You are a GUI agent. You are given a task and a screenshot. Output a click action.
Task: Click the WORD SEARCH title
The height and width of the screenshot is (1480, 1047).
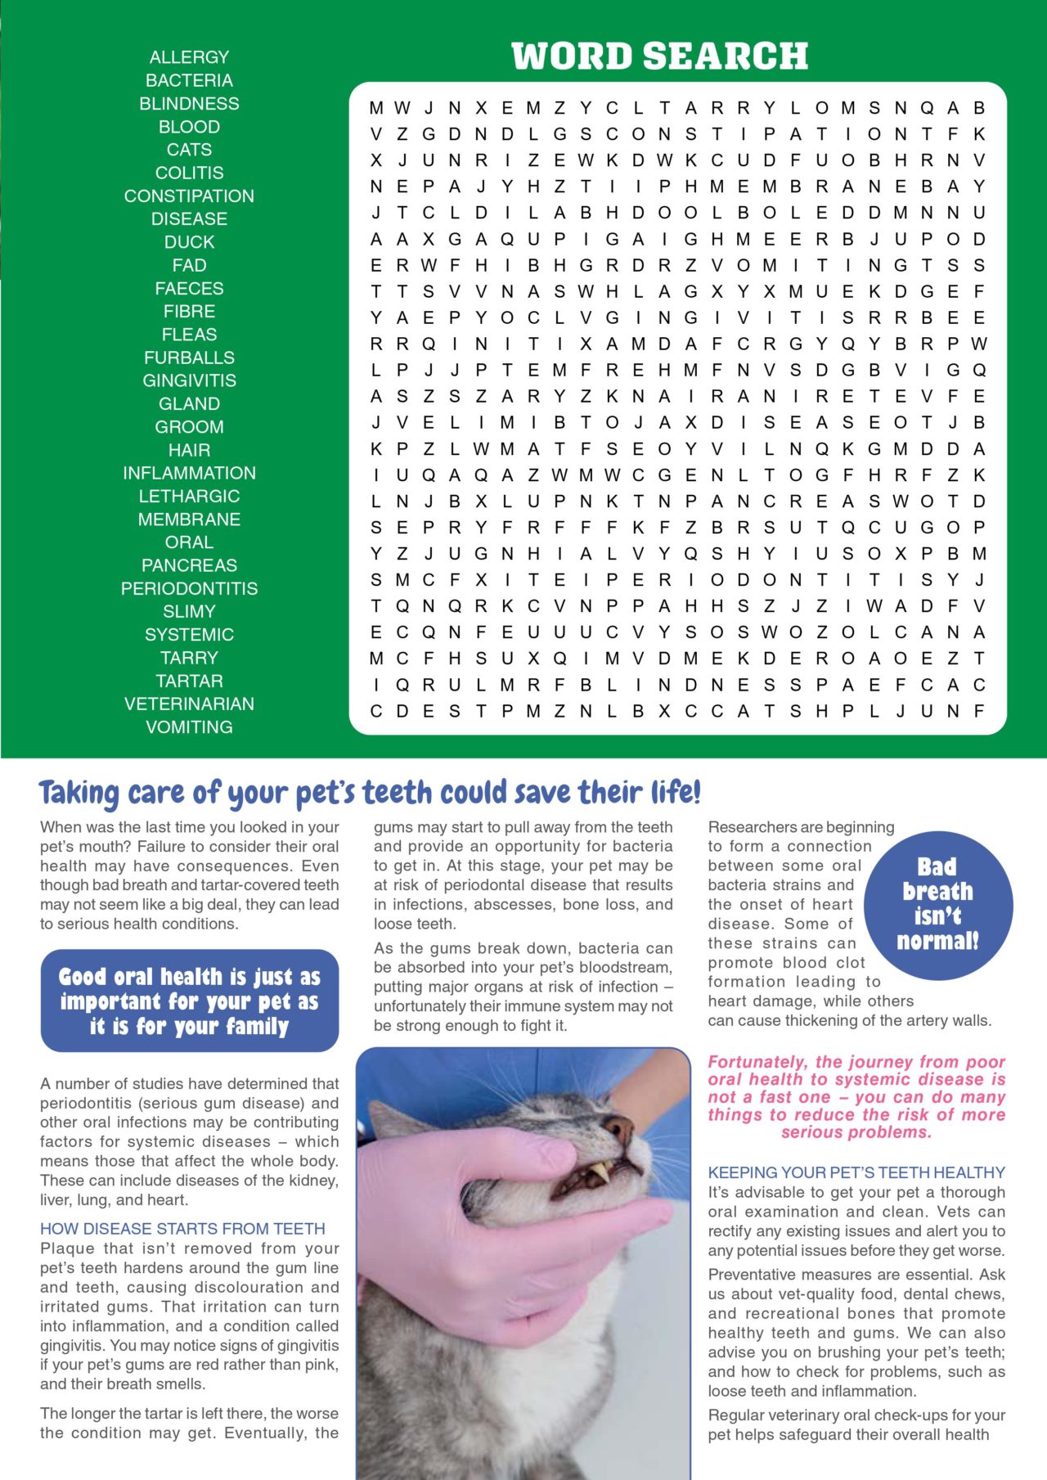pos(659,56)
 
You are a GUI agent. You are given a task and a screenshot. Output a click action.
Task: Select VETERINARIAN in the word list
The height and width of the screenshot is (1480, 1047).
pos(189,704)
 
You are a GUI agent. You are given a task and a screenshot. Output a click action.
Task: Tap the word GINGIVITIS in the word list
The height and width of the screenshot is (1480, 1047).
pos(189,380)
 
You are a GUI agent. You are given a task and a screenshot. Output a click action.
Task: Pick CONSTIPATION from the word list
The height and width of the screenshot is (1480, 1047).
pos(189,196)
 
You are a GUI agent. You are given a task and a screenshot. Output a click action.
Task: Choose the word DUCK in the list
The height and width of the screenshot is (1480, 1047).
pos(189,242)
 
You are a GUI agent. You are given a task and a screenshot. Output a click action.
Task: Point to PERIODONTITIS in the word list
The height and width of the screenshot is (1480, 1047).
pos(189,588)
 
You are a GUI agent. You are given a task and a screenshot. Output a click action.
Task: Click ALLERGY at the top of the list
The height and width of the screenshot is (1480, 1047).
pos(189,57)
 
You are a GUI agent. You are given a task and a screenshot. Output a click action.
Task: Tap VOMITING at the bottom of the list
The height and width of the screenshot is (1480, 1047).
pos(189,727)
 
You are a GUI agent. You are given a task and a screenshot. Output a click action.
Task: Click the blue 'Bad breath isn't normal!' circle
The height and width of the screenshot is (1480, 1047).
pos(937,904)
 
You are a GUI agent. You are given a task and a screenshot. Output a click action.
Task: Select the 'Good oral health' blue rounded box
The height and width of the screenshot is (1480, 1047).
pos(189,1001)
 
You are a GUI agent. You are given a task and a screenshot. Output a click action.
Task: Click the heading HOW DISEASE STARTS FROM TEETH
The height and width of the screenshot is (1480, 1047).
pos(182,1228)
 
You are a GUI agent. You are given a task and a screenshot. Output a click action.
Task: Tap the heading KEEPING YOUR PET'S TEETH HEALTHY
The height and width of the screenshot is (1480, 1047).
pos(856,1172)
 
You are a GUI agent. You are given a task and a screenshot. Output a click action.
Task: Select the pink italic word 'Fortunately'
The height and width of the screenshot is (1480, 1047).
pos(757,1062)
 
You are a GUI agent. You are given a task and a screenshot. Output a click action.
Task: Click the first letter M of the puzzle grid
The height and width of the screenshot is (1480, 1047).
pos(376,108)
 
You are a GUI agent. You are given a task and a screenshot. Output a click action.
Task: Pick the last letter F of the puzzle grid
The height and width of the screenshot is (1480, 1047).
pos(978,711)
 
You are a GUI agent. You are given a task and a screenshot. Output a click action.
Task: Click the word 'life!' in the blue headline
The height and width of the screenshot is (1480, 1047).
pos(676,793)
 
